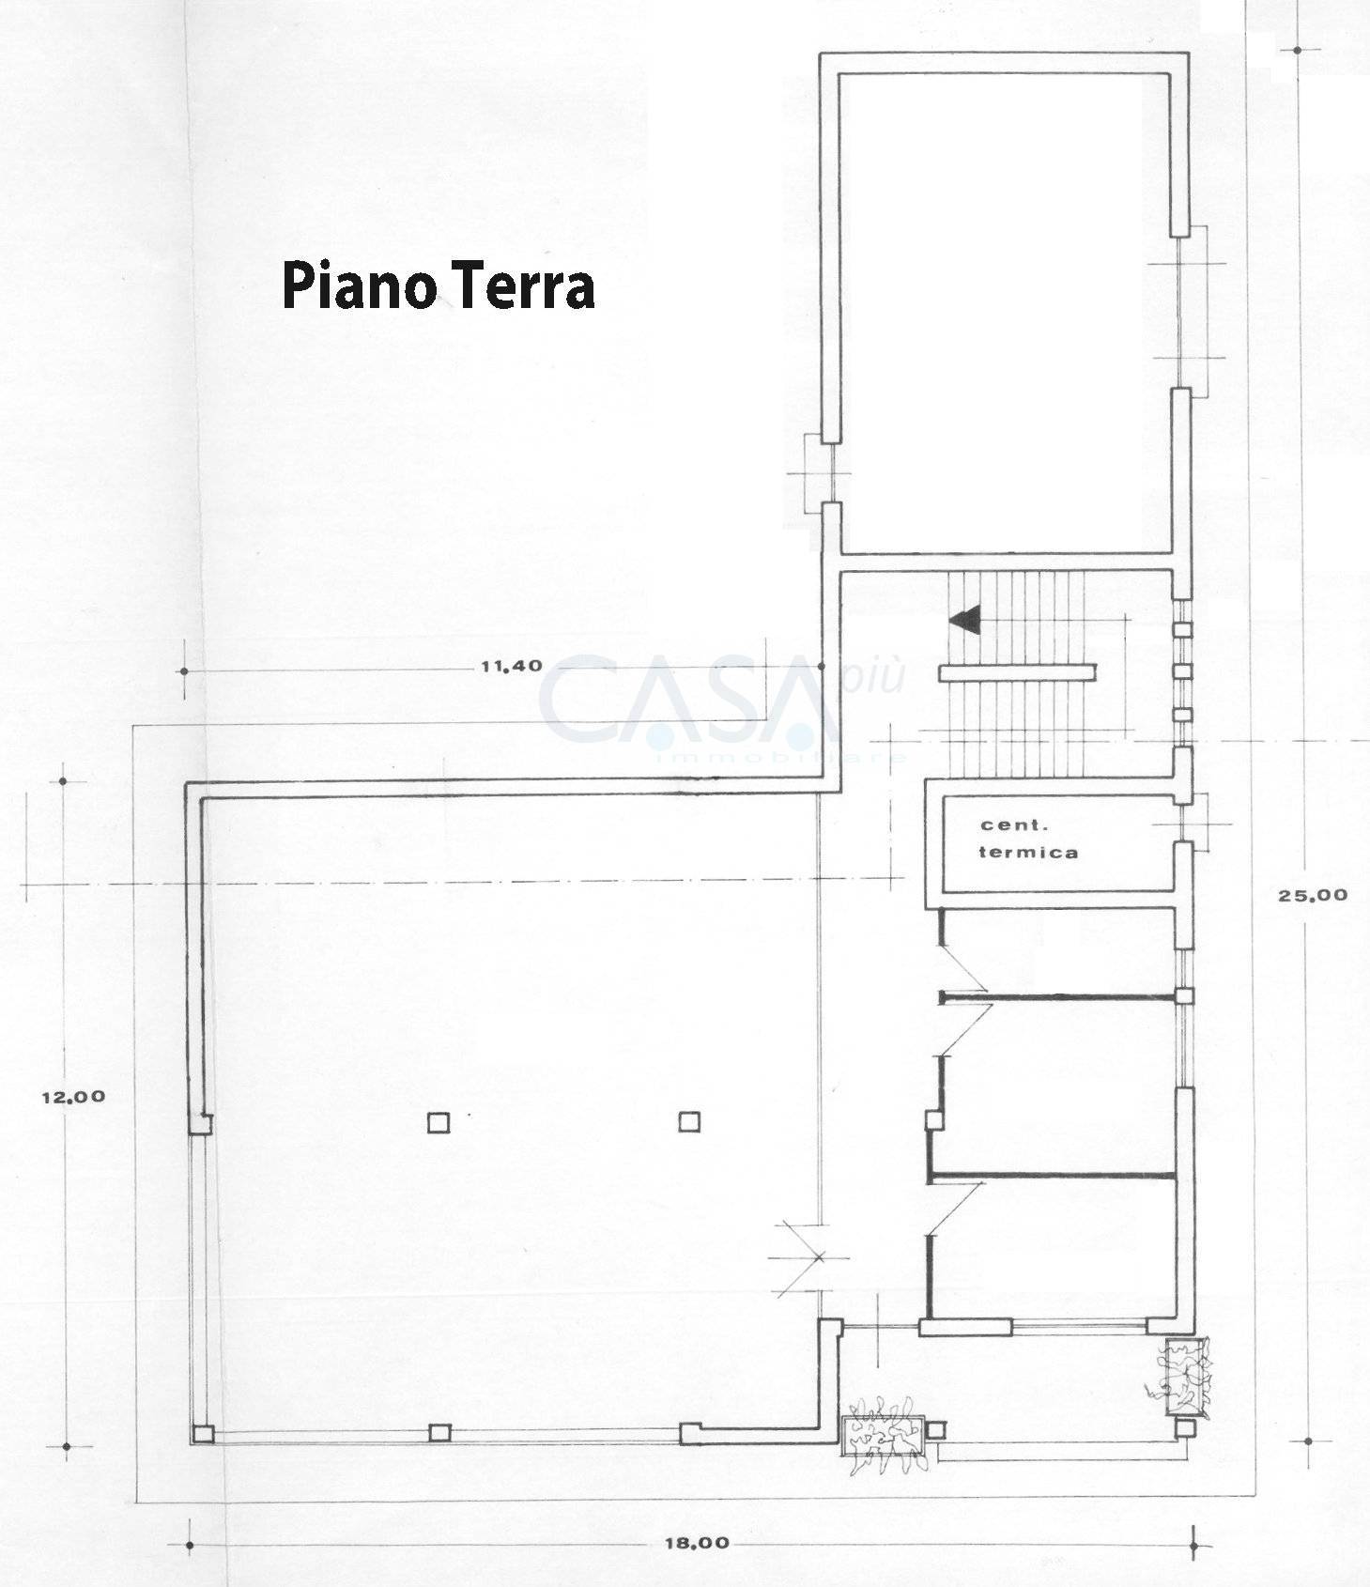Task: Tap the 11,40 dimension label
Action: (511, 667)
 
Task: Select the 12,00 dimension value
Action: (73, 1096)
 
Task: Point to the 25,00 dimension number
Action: (1312, 895)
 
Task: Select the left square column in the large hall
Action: (439, 1122)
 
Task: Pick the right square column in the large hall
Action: (689, 1121)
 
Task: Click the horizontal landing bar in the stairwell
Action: (1017, 671)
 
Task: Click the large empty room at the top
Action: (1003, 310)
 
